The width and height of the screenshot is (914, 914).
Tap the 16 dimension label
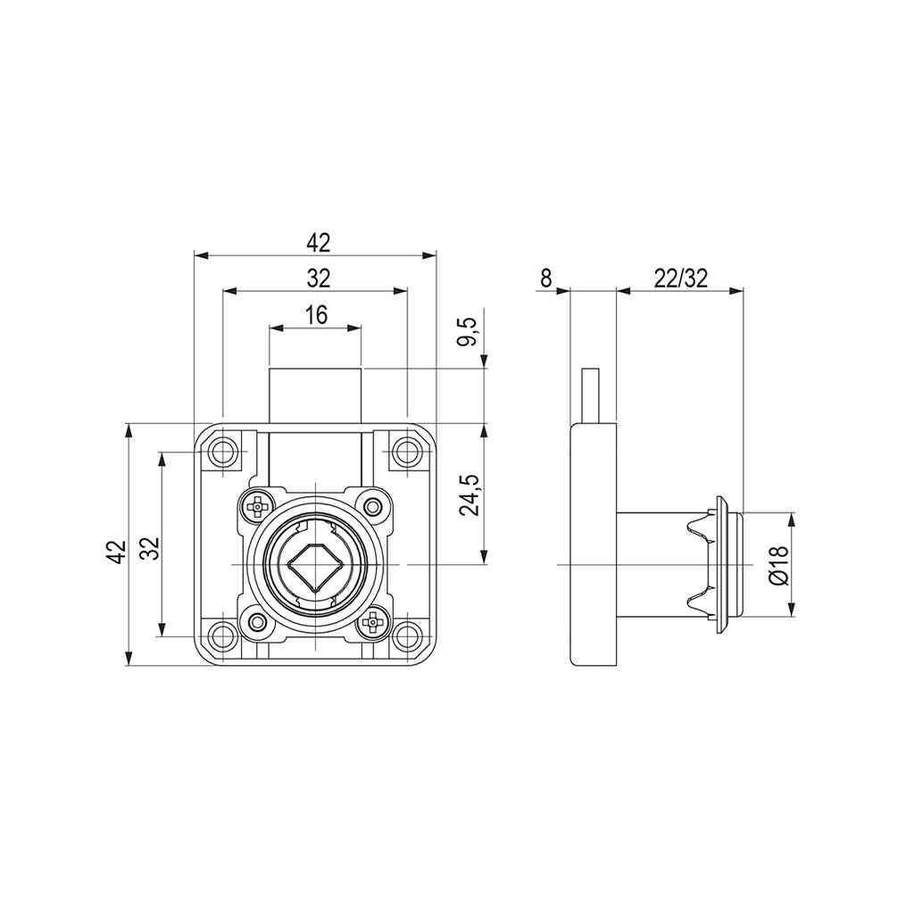[x=316, y=314]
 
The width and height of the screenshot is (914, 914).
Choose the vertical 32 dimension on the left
[x=149, y=547]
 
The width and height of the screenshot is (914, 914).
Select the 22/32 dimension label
[x=680, y=278]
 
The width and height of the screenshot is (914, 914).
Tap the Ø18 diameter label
[x=777, y=565]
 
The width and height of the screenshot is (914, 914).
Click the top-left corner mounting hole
[x=221, y=453]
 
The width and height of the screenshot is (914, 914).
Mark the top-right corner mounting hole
[x=407, y=453]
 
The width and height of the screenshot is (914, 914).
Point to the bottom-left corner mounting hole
[x=221, y=637]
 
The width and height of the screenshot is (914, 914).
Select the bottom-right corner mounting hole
[x=407, y=637]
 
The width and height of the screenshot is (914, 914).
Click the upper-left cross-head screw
[x=258, y=506]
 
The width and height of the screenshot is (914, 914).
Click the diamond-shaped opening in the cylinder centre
[x=315, y=565]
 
